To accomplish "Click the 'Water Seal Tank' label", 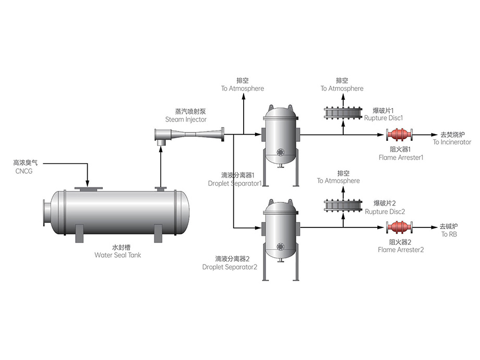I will [117, 255].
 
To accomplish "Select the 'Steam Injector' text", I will [186, 119].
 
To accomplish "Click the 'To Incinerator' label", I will [452, 142].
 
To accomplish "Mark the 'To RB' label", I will [448, 234].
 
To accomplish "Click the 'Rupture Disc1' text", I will [383, 118].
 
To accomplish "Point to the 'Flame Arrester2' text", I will [401, 249].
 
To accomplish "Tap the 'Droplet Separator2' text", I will [230, 267].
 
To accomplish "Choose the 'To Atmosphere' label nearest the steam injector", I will [242, 89].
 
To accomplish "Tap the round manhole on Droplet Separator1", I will [282, 152].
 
